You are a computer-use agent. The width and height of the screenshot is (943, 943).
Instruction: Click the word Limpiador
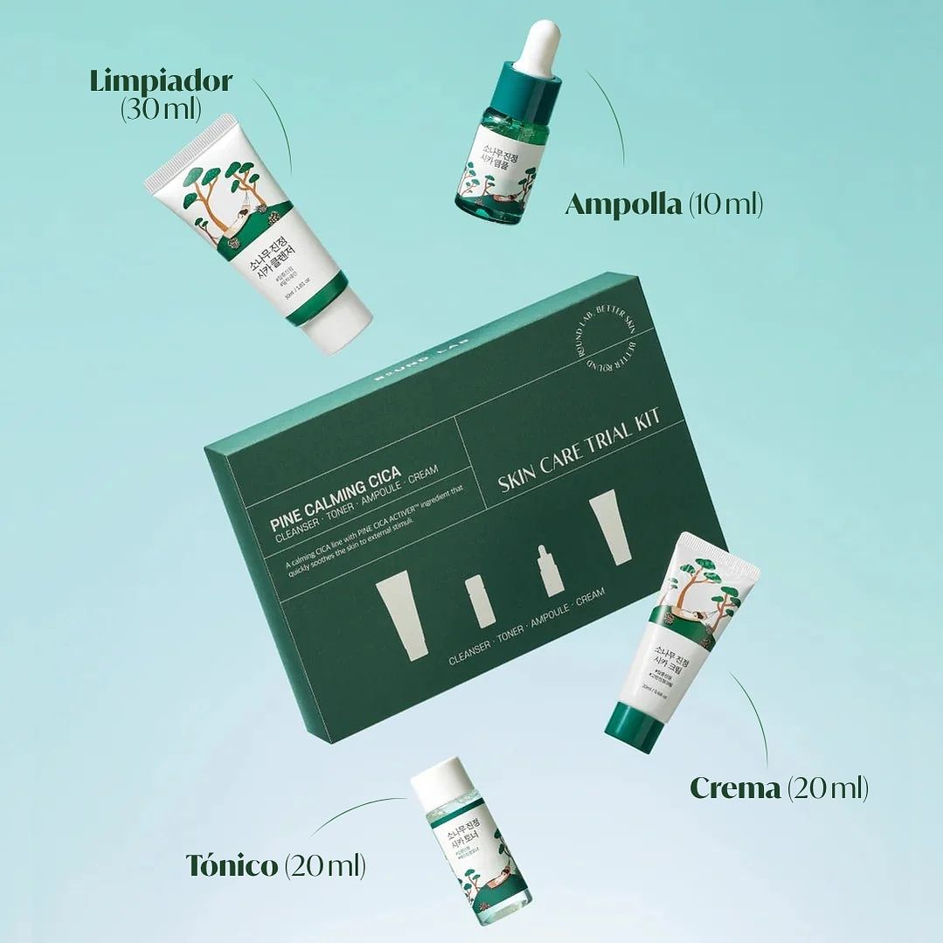[161, 82]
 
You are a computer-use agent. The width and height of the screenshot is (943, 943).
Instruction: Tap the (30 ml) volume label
[161, 109]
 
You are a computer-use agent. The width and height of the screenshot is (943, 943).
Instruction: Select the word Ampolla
[623, 205]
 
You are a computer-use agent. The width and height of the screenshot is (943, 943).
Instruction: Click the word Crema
[735, 788]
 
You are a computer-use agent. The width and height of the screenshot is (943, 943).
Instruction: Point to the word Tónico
[232, 865]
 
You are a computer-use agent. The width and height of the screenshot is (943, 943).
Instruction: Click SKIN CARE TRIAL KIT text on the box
[579, 450]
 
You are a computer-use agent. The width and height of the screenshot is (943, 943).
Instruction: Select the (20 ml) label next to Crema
[827, 788]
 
